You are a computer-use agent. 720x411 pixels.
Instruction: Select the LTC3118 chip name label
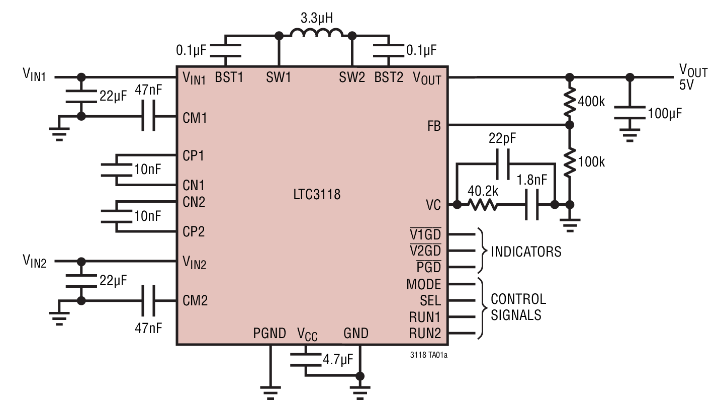pyautogui.click(x=317, y=194)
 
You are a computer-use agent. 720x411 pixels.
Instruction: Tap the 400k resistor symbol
pyautogui.click(x=569, y=101)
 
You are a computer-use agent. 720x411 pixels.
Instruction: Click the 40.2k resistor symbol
pyautogui.click(x=483, y=205)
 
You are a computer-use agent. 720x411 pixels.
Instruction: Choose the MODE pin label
pyautogui.click(x=424, y=284)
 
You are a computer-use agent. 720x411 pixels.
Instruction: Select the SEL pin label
pyautogui.click(x=430, y=301)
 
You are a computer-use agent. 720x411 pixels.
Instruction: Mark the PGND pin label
pyautogui.click(x=270, y=333)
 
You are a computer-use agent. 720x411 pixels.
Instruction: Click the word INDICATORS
pyautogui.click(x=526, y=251)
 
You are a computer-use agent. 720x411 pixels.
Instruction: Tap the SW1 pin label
pyautogui.click(x=279, y=78)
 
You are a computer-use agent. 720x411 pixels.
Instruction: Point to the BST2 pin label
pyautogui.click(x=389, y=78)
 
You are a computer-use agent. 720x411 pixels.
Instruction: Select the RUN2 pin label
pyautogui.click(x=424, y=333)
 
